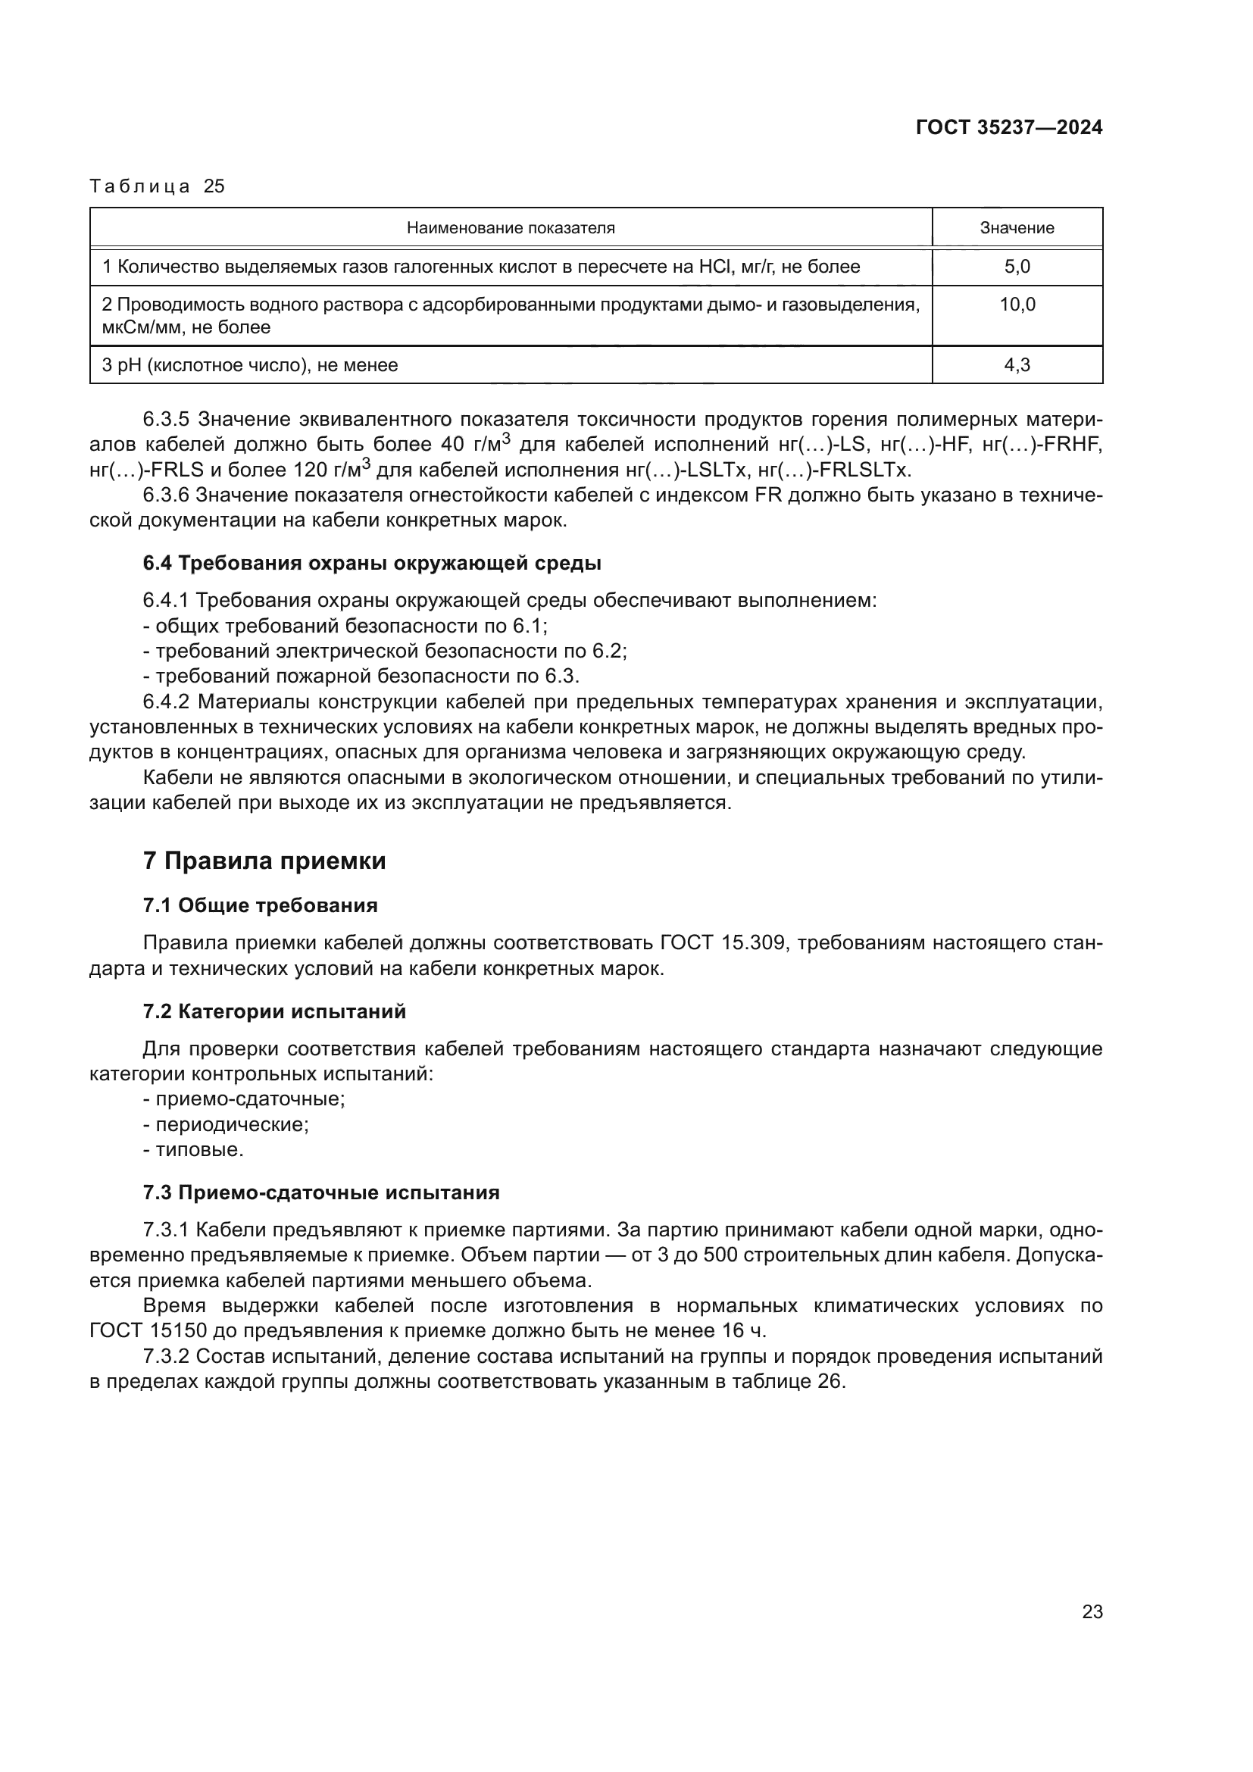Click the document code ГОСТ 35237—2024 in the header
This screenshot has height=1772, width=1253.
tap(1008, 127)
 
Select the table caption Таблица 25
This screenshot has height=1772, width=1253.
tap(157, 186)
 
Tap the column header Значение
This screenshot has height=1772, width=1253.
tap(1016, 228)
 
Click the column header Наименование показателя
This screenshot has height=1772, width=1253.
tap(511, 228)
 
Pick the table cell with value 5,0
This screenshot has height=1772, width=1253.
tap(1016, 267)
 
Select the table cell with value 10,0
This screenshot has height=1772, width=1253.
tap(1017, 304)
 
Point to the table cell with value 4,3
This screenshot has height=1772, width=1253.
tap(1016, 365)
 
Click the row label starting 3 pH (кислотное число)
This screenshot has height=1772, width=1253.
tap(250, 365)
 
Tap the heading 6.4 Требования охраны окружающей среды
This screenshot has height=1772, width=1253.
tap(372, 563)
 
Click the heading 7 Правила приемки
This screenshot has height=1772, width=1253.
tap(264, 861)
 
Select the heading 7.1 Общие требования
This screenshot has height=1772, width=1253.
tap(260, 905)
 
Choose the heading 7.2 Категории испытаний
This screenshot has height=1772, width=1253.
tap(274, 1011)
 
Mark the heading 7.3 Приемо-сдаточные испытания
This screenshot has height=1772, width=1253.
tap(321, 1192)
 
